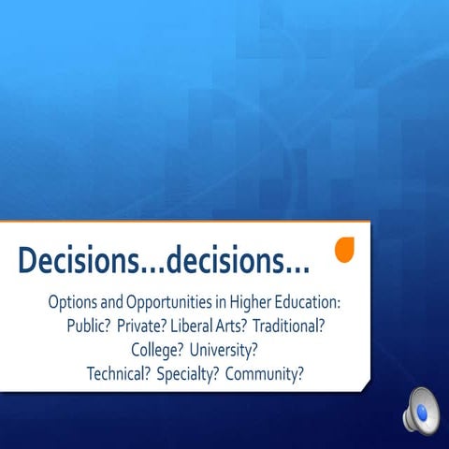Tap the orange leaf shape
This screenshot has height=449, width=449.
345,251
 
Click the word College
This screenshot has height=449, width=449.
154,351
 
